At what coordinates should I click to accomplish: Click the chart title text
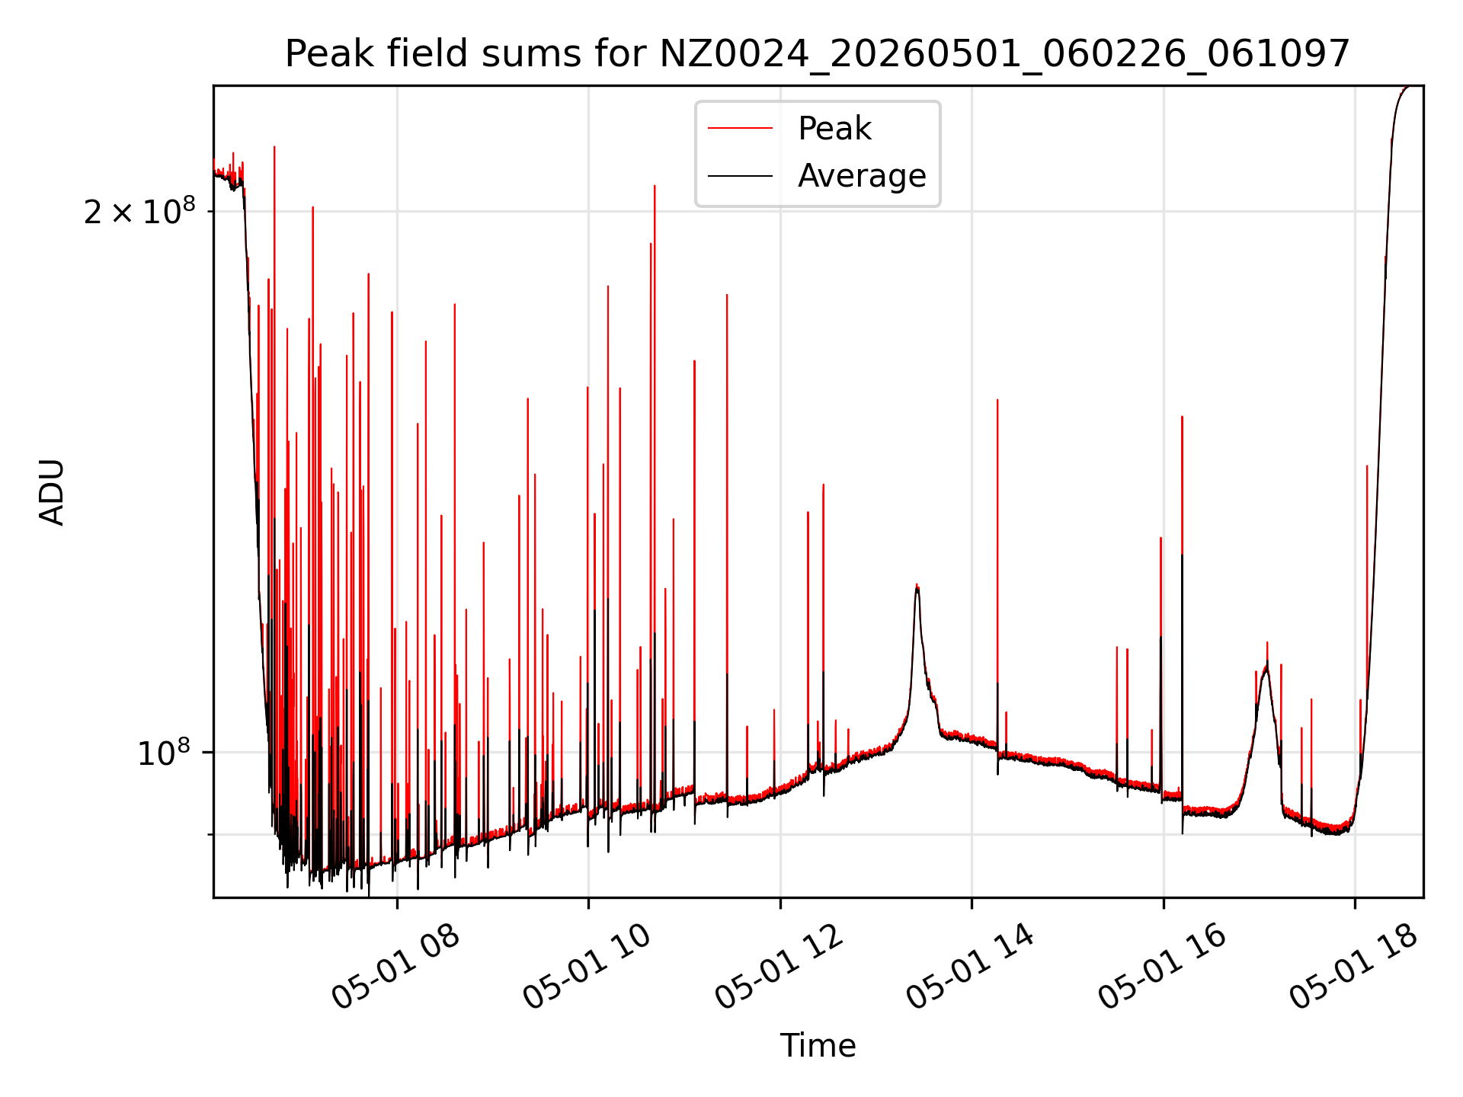pyautogui.click(x=818, y=54)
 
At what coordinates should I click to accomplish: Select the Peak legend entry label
pyautogui.click(x=834, y=128)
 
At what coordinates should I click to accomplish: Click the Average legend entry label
pyautogui.click(x=862, y=176)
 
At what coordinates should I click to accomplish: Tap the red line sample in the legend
pyautogui.click(x=740, y=129)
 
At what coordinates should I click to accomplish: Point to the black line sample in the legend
pyautogui.click(x=740, y=176)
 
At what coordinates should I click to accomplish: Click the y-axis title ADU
pyautogui.click(x=52, y=492)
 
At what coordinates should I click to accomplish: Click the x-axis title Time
pyautogui.click(x=818, y=1045)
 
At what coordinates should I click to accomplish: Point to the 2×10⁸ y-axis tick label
pyautogui.click(x=139, y=211)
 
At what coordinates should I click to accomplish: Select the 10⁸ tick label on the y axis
pyautogui.click(x=164, y=752)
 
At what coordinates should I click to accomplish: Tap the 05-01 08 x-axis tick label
pyautogui.click(x=396, y=967)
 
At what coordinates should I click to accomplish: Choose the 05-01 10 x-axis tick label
pyautogui.click(x=587, y=967)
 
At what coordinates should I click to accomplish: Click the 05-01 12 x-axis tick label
pyautogui.click(x=780, y=967)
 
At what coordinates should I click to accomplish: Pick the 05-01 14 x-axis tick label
pyautogui.click(x=971, y=967)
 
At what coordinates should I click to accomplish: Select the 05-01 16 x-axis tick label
pyautogui.click(x=1163, y=967)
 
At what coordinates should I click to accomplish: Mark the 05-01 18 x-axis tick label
pyautogui.click(x=1354, y=967)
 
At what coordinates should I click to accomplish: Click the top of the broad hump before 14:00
pyautogui.click(x=917, y=585)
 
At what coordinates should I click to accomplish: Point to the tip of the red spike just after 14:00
pyautogui.click(x=997, y=400)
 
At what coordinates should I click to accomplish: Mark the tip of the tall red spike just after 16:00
pyautogui.click(x=1182, y=417)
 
